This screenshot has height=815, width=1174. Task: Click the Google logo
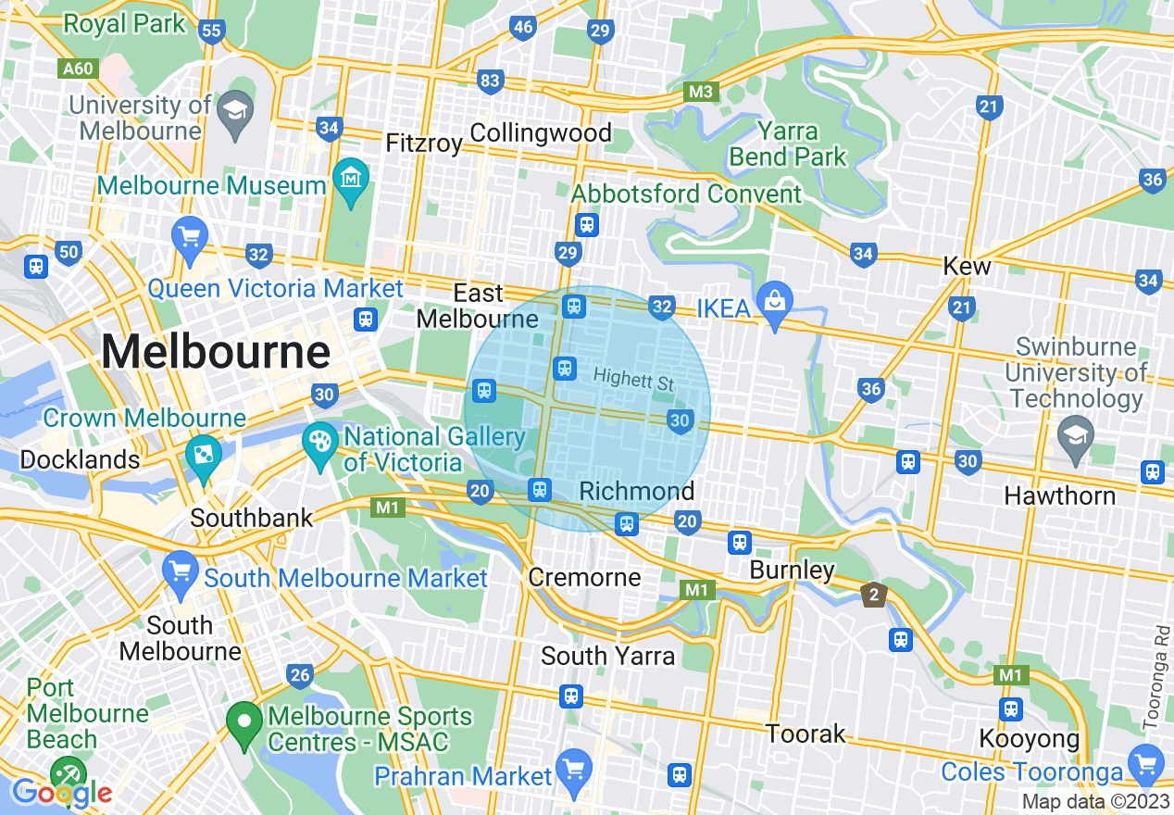62,793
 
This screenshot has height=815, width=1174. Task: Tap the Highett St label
632,380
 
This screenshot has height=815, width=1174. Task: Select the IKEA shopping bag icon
775,299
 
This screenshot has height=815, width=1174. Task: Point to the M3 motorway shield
702,92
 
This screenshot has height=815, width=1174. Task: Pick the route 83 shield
490,81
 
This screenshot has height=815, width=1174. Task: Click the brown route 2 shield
873,594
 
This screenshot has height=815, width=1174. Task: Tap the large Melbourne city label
215,353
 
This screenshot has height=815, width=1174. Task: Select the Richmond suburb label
636,491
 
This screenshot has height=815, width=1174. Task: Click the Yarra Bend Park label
788,144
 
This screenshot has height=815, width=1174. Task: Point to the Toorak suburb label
806,734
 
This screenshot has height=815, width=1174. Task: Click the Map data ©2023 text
1094,801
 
